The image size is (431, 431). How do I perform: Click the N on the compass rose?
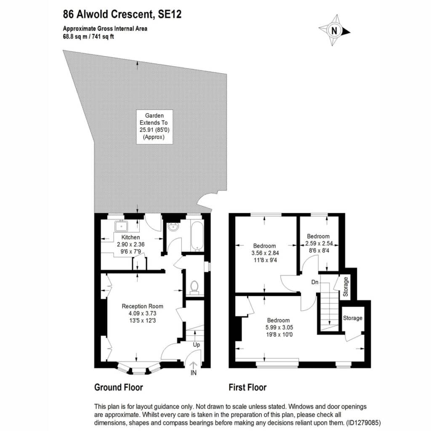[334, 30]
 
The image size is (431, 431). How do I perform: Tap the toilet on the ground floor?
[194, 287]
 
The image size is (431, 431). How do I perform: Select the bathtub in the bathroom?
[197, 236]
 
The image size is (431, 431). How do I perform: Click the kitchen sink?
[121, 226]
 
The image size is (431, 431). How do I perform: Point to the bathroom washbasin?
[173, 227]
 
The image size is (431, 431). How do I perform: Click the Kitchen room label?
[130, 237]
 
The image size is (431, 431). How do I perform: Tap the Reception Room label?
[142, 306]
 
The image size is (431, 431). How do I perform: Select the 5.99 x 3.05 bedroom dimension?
[279, 327]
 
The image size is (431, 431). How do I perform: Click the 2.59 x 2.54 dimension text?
[319, 244]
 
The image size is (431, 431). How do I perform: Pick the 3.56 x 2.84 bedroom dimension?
[265, 253]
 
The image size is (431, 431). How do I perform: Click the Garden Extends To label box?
[154, 127]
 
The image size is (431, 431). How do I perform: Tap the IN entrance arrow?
[194, 365]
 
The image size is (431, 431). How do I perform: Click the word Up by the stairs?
[196, 345]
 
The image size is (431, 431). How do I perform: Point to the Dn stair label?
[315, 282]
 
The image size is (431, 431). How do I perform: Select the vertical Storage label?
[346, 287]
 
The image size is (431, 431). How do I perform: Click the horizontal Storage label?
[353, 318]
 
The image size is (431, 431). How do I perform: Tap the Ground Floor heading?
[118, 387]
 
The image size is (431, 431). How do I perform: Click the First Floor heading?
[247, 387]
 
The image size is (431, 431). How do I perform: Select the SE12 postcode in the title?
[170, 14]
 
